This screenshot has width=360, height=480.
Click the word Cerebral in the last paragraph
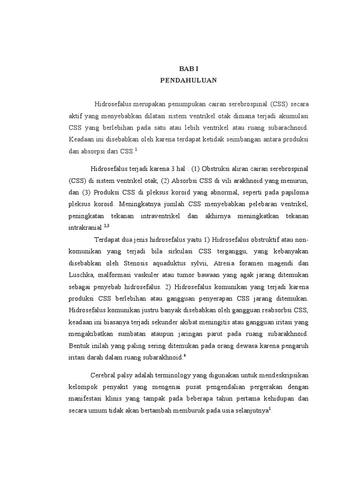coord(104,375)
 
